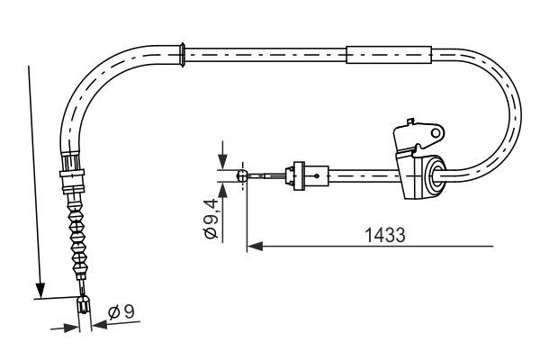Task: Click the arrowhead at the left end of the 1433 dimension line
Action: [x=254, y=243]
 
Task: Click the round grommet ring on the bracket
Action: [x=434, y=176]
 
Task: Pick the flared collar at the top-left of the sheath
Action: [x=184, y=53]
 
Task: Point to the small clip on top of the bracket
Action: [x=409, y=121]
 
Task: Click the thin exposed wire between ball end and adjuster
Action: [x=265, y=176]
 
